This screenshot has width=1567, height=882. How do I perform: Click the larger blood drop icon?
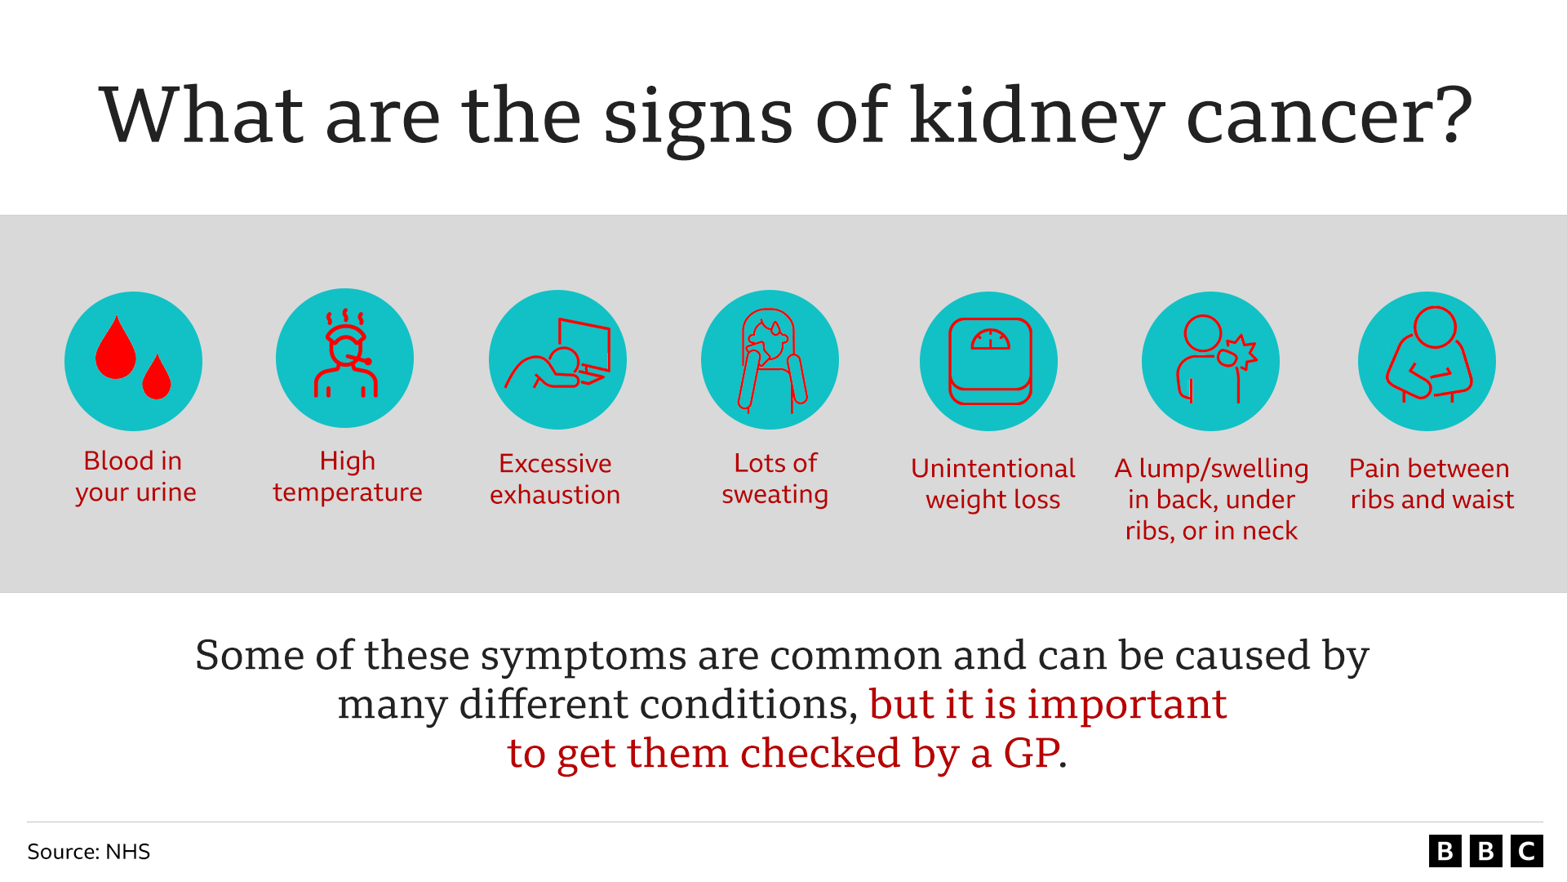click(x=115, y=350)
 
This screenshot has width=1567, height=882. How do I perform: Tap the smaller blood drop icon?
click(x=157, y=378)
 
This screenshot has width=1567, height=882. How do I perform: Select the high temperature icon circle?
click(x=345, y=359)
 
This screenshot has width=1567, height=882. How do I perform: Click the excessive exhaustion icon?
click(x=557, y=359)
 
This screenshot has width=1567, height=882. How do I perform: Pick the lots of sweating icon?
click(x=770, y=359)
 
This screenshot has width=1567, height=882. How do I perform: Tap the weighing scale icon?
click(x=989, y=361)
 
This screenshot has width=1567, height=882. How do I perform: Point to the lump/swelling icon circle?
click(x=1210, y=361)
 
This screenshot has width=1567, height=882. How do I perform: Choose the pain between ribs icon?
click(x=1427, y=361)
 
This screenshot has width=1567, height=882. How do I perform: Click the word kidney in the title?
click(x=1037, y=118)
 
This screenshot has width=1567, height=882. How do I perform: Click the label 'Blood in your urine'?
click(x=135, y=477)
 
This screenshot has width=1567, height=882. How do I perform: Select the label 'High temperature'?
click(x=348, y=477)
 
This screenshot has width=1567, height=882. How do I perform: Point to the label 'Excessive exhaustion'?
click(x=555, y=479)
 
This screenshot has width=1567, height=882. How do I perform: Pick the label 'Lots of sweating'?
click(x=775, y=479)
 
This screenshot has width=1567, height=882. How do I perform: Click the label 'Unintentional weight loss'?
click(x=992, y=484)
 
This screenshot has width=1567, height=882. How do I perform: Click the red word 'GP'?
click(x=1032, y=753)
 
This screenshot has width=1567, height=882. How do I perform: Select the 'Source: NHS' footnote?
click(x=88, y=852)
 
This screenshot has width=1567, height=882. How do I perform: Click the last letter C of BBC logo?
click(x=1526, y=851)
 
